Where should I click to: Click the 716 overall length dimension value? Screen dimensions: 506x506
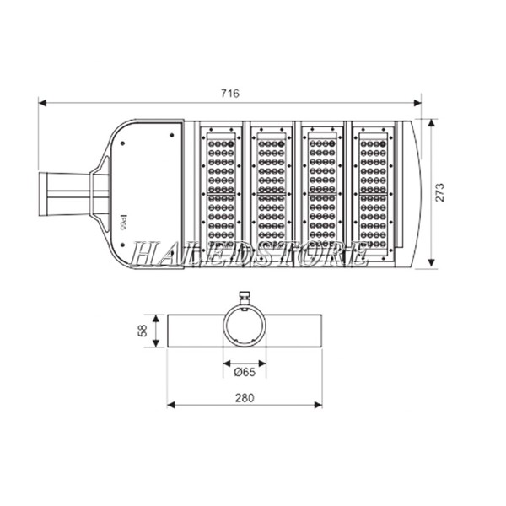point(229,94)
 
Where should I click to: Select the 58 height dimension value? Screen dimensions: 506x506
point(143,330)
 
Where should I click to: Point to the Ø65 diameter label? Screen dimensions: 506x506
point(245,371)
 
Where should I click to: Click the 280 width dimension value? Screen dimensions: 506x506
point(245,396)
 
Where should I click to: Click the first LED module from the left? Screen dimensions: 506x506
point(220,194)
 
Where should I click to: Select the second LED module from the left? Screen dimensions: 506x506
point(271,194)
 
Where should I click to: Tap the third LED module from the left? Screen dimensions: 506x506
point(323,194)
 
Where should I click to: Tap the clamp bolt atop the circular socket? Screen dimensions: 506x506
point(245,297)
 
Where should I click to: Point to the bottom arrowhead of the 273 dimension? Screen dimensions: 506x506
point(431,268)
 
